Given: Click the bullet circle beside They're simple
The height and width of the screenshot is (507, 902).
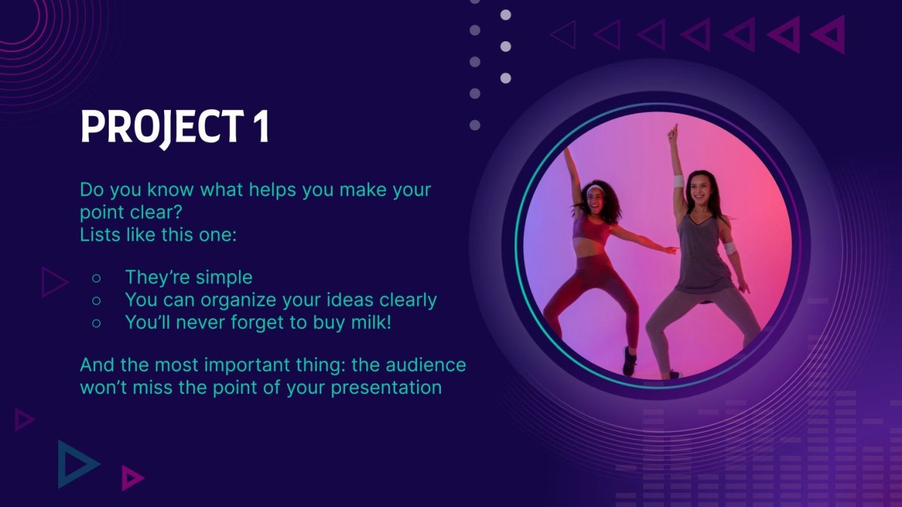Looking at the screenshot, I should click(x=96, y=278).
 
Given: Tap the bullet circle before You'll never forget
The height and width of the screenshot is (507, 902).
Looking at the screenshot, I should click(x=96, y=323).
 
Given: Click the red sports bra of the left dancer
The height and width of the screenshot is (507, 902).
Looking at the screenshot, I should click(x=592, y=230).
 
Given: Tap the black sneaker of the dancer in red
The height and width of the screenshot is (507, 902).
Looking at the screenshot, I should click(x=629, y=361).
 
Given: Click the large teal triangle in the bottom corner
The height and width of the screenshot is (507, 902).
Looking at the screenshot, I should click(x=74, y=464).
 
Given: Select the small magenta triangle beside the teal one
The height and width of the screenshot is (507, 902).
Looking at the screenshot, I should click(x=131, y=477).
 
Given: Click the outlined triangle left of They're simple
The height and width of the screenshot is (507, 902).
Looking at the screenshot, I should click(x=53, y=282).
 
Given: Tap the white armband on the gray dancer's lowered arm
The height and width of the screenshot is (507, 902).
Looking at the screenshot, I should click(x=730, y=247).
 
